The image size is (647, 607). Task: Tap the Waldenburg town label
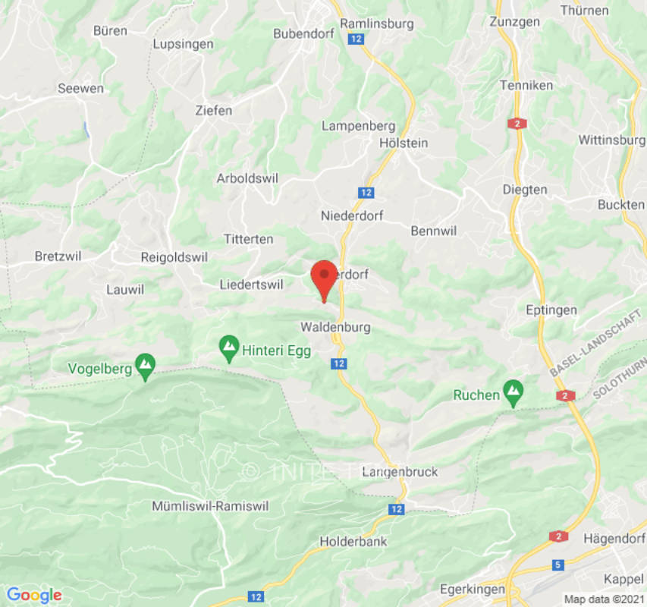[x=335, y=328]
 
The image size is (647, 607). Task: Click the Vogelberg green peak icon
[x=145, y=367]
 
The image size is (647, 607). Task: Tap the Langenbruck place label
[x=400, y=472]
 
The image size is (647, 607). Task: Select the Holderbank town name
[x=353, y=542]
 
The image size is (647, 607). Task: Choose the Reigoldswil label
[x=174, y=258]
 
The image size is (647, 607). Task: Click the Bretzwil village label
[x=58, y=256]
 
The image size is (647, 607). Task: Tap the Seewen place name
[x=81, y=89]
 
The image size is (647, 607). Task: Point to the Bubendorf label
[x=302, y=34]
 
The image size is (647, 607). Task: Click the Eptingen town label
[x=551, y=310]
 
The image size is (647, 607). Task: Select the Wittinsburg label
[x=611, y=140]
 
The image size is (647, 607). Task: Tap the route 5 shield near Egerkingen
[x=557, y=565]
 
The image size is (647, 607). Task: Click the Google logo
[x=34, y=595]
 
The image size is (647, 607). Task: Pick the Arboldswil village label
[x=248, y=179]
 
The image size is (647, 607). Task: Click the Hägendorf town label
[x=614, y=539]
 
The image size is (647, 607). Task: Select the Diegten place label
[x=525, y=190]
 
